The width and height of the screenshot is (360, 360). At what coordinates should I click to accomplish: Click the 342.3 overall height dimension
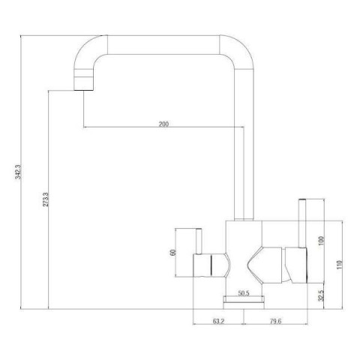pyautogui.click(x=19, y=172)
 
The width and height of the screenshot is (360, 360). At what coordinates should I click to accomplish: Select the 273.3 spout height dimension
pyautogui.click(x=46, y=199)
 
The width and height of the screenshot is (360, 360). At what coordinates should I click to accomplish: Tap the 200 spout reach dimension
pyautogui.click(x=163, y=124)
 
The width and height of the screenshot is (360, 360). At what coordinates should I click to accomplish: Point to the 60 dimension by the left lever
pyautogui.click(x=173, y=253)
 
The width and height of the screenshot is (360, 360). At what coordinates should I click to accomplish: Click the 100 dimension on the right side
pyautogui.click(x=322, y=241)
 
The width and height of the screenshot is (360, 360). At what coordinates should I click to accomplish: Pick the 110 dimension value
pyautogui.click(x=339, y=265)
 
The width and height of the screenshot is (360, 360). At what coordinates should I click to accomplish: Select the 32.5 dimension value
pyautogui.click(x=322, y=295)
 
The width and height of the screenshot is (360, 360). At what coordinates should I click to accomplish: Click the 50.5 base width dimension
pyautogui.click(x=244, y=293)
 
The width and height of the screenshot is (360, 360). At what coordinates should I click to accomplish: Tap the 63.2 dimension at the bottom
pyautogui.click(x=219, y=321)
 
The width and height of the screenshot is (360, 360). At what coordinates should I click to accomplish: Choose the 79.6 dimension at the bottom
pyautogui.click(x=275, y=321)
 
